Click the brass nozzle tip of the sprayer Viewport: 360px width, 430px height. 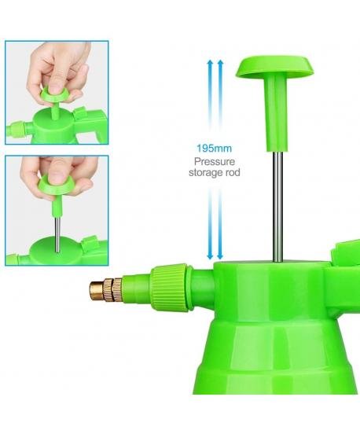(x=96, y=291)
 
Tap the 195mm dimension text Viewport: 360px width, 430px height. (x=214, y=149)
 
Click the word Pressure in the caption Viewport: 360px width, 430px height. (x=215, y=161)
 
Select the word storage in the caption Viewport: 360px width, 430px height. (x=205, y=173)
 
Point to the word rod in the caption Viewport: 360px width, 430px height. (x=232, y=172)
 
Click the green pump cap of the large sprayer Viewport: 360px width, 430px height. (x=274, y=66)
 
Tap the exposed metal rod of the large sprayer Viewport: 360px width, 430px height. (x=277, y=206)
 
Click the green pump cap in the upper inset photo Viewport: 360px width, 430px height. (x=55, y=96)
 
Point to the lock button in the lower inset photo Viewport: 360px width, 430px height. (x=89, y=244)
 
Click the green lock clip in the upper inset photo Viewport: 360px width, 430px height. (x=80, y=114)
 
